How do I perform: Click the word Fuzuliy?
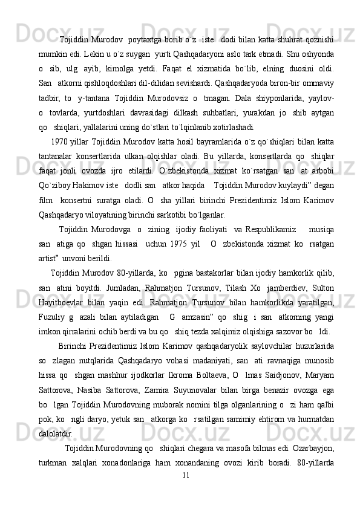click(x=54, y=316)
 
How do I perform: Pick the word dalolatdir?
click(x=56, y=433)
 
